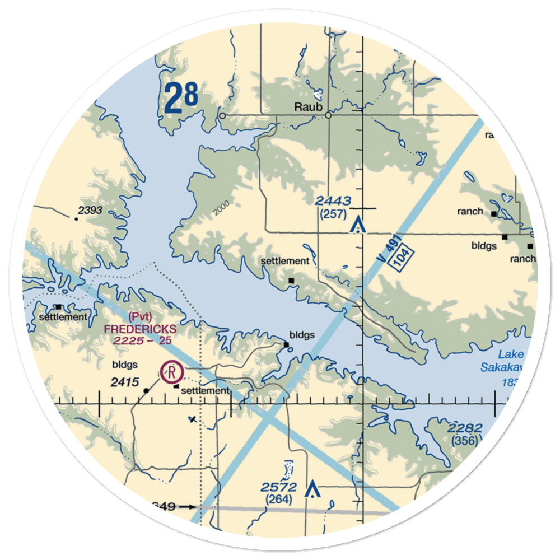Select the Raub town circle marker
[328, 116]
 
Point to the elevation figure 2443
[333, 201]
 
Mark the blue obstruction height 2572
[278, 487]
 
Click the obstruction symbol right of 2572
[311, 491]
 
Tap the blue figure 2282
[465, 429]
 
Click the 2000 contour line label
[222, 208]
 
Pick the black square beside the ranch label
[493, 213]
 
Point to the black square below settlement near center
[291, 280]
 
